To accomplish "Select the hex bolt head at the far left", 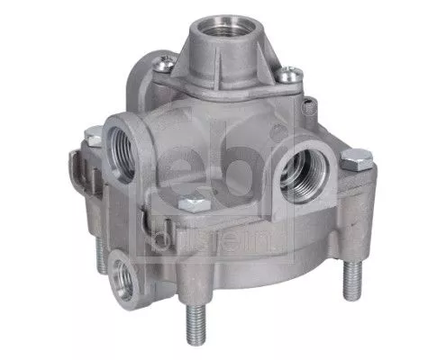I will (x=94, y=137).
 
